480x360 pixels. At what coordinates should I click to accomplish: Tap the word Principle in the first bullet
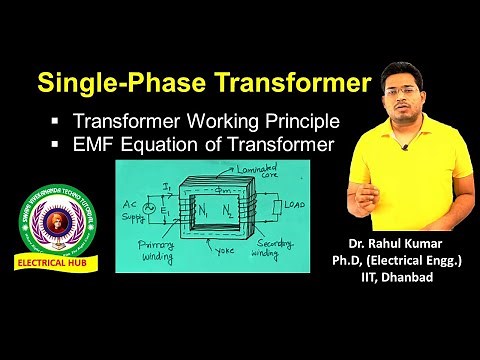point(297,121)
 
